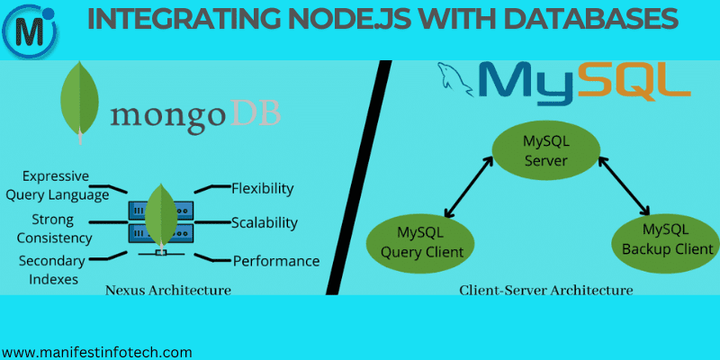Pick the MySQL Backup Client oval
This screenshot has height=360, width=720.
click(667, 238)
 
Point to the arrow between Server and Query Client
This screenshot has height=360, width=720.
click(467, 190)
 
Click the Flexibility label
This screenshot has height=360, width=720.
click(262, 188)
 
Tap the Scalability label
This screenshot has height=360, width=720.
click(264, 222)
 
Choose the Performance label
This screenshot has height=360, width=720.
click(276, 261)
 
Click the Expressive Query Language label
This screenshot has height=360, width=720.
click(65, 184)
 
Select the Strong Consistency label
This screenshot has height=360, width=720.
click(56, 229)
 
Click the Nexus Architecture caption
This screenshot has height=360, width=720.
click(168, 290)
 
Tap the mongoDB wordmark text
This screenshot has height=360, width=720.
click(195, 114)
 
